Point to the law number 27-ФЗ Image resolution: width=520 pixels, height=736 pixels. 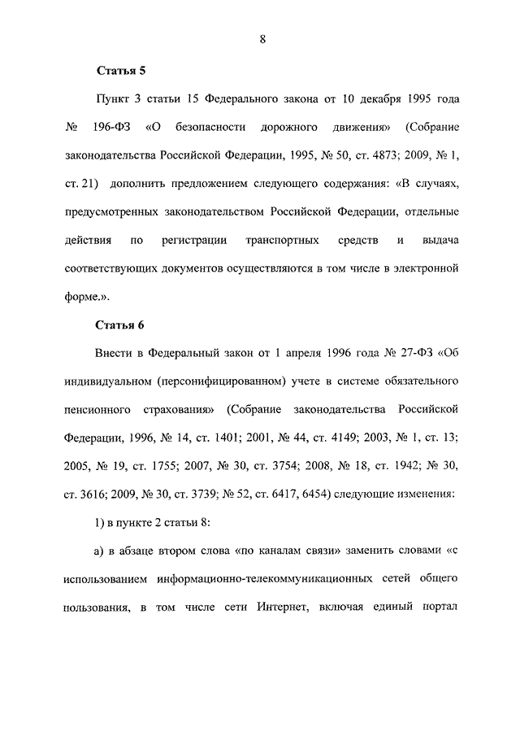[404, 354]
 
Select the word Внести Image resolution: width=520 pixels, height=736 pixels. [116, 354]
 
